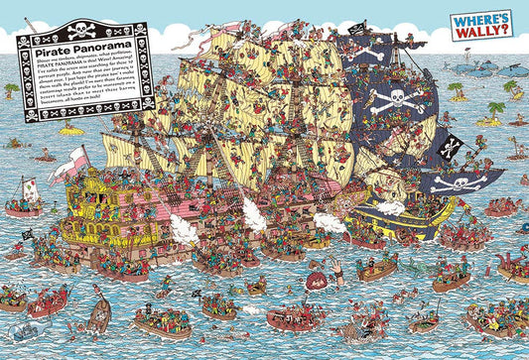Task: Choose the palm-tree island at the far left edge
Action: click(x=11, y=90)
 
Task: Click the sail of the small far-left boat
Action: click(x=31, y=190)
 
